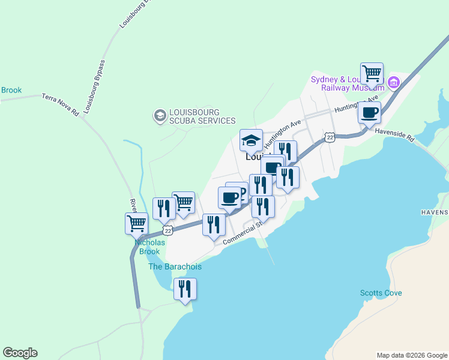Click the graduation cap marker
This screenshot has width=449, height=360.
[252, 140]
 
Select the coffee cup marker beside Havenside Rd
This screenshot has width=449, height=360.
[369, 112]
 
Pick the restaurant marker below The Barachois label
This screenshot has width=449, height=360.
[185, 289]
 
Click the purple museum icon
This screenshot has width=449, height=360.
[393, 82]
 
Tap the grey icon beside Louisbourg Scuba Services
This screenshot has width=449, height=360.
[160, 115]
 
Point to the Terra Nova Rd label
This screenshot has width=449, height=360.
[60, 104]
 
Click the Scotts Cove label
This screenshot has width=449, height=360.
[381, 293]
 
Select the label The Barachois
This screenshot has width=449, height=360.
[175, 266]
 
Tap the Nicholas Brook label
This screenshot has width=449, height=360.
[149, 247]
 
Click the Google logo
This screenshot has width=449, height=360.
[20, 353]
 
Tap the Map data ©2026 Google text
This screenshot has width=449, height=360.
[412, 355]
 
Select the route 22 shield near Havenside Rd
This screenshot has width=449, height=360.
[330, 137]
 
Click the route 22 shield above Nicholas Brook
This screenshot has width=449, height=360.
[167, 230]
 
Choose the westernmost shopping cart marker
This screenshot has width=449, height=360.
[136, 223]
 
